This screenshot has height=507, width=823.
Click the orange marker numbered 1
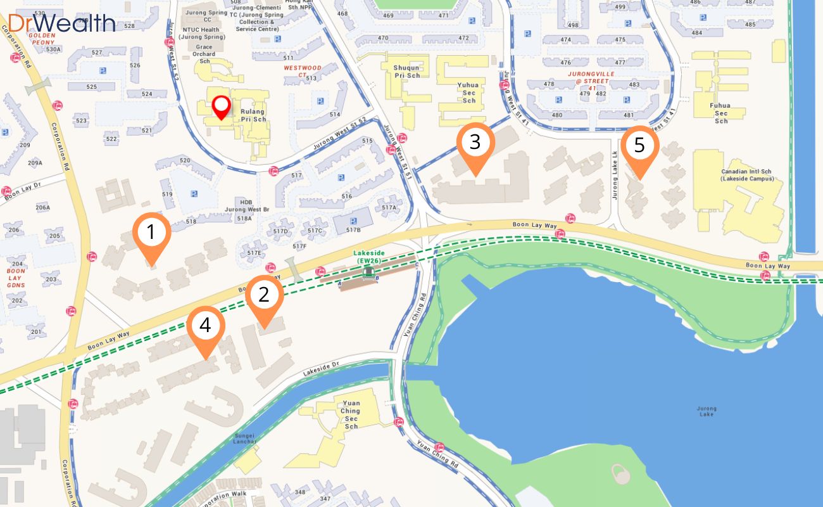[151, 234]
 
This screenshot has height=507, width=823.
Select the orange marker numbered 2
[264, 295]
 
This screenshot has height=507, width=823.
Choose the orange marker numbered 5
[639, 146]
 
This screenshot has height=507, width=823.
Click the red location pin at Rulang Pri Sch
[221, 106]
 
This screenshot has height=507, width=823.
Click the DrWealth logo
[62, 23]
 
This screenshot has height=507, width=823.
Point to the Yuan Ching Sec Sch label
[351, 414]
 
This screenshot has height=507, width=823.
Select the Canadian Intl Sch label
[747, 175]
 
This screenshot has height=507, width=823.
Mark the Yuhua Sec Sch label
[469, 92]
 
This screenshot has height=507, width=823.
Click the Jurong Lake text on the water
[706, 411]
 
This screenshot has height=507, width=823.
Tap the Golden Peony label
[42, 39]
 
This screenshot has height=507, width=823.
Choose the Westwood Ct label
[303, 71]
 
